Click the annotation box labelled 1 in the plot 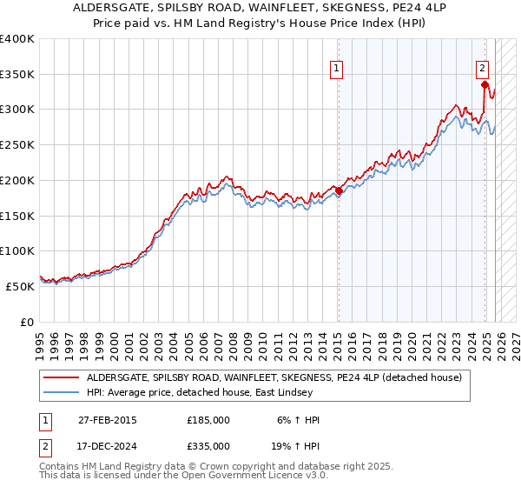tap(336, 72)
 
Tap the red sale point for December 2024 tap(485, 84)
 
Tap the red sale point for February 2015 tap(339, 191)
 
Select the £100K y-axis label tap(17, 250)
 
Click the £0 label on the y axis tap(27, 322)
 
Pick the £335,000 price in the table tap(208, 446)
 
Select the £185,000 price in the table tap(208, 420)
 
